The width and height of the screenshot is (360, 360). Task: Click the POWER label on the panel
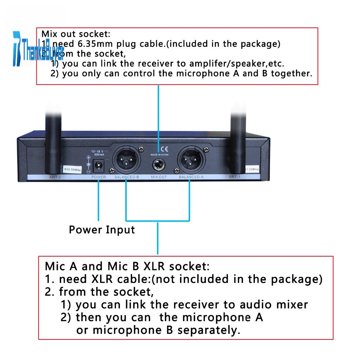point(99,177)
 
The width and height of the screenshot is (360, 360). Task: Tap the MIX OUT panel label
point(159,177)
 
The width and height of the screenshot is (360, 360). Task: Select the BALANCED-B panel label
point(127,177)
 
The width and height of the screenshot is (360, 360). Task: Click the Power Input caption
point(102,230)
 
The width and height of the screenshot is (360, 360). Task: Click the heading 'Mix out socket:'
point(76,35)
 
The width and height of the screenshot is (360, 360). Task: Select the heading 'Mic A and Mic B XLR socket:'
point(127,266)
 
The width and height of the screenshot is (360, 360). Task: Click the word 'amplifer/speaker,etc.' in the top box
point(249,64)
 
